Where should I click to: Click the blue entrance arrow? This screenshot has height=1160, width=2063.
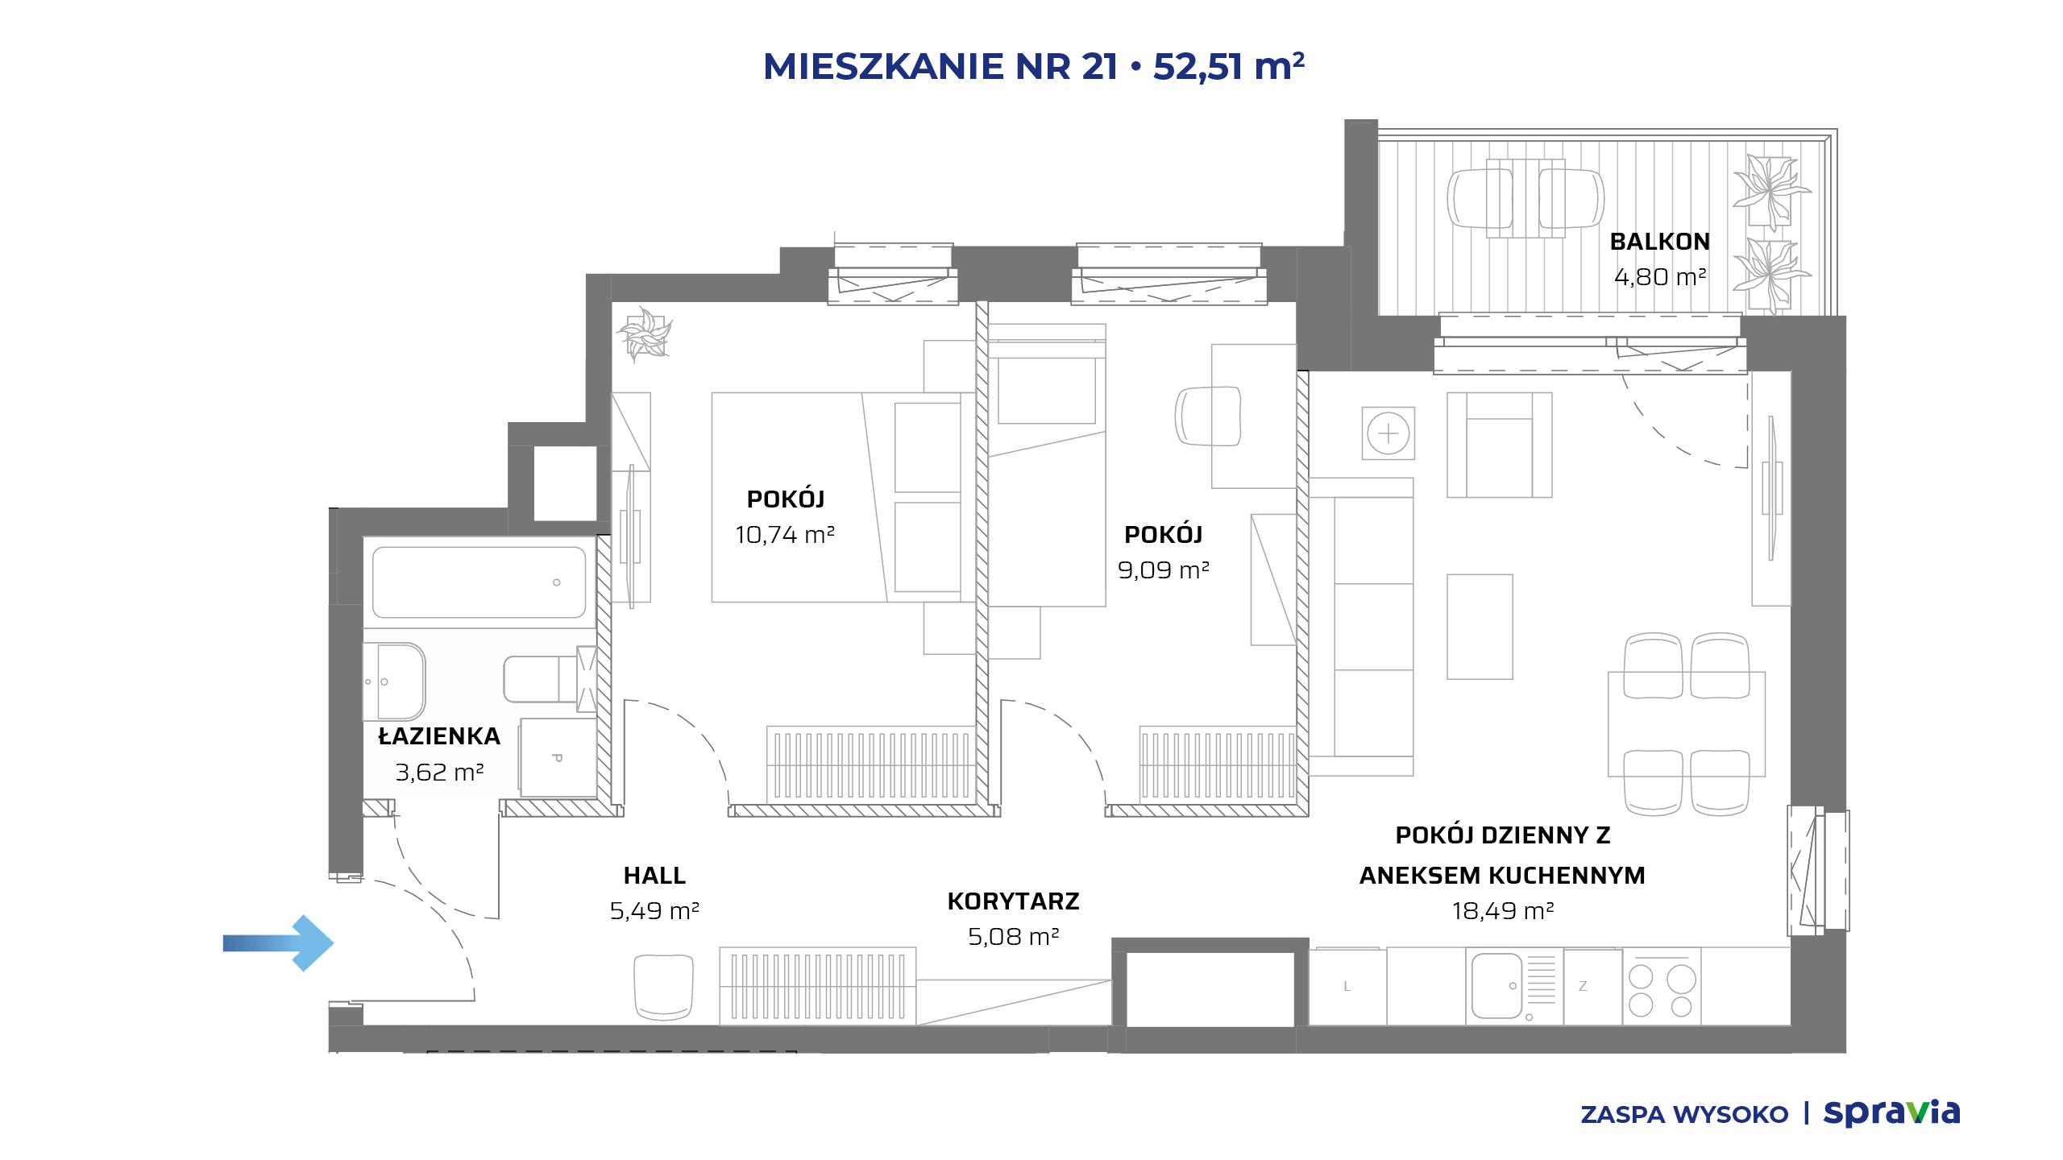278,942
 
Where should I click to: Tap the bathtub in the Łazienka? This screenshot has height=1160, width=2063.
479,582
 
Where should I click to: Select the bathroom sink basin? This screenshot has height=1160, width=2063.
395,681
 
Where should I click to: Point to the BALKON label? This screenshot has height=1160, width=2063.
1660,242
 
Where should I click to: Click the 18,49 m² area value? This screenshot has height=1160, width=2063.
1503,911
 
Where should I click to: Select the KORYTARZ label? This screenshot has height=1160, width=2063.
1014,901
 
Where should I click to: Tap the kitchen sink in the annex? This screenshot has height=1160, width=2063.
1497,986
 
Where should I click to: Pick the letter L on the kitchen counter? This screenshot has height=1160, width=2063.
1347,986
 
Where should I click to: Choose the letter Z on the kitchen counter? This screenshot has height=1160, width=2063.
1583,986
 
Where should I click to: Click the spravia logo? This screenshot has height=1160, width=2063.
1892,1113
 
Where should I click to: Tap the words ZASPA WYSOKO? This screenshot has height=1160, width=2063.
1684,1115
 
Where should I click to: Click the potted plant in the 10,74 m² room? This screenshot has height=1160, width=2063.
644,333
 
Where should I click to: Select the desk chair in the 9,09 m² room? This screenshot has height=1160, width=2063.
1208,416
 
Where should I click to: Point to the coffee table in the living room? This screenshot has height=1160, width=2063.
1480,627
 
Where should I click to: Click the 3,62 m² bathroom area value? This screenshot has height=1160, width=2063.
439,773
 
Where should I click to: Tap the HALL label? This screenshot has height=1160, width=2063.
654,876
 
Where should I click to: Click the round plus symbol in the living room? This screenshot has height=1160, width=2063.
1388,433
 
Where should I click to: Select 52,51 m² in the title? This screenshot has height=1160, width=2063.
1229,66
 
